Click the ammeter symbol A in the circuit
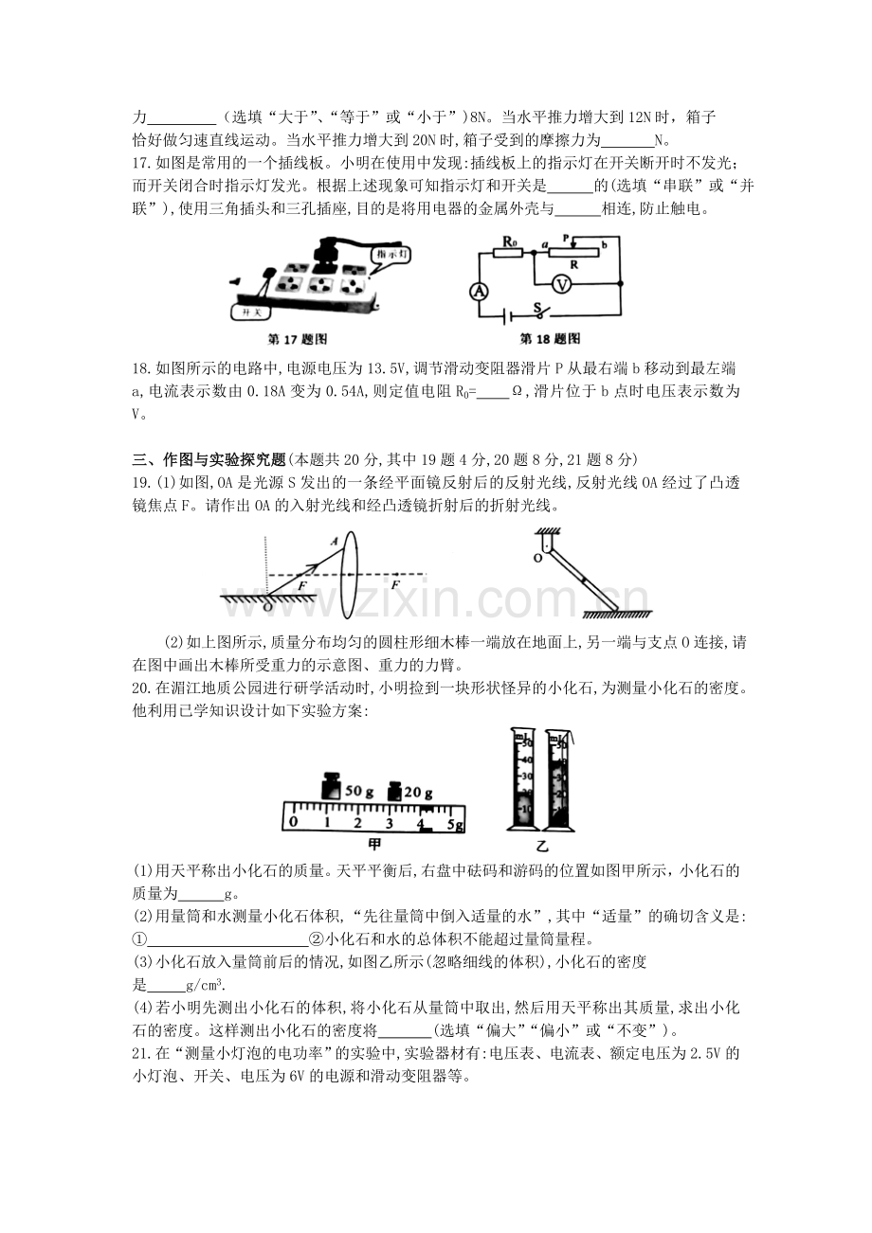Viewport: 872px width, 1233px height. [x=479, y=293]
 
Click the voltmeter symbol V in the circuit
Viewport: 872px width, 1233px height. [x=562, y=284]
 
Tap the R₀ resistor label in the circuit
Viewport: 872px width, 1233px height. [x=509, y=241]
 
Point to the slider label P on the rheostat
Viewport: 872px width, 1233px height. [x=566, y=238]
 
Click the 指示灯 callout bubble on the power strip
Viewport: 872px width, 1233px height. [x=391, y=255]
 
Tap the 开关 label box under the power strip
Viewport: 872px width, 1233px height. [x=251, y=313]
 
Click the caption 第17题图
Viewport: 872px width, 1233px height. [x=297, y=339]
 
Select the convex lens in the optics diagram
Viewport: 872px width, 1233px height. [x=348, y=575]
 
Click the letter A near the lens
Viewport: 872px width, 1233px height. [x=335, y=541]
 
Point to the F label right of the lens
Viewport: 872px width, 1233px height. [x=395, y=584]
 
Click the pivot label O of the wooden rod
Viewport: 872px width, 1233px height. [x=537, y=558]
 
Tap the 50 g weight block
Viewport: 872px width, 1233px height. [x=332, y=787]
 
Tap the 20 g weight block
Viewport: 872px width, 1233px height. [x=394, y=791]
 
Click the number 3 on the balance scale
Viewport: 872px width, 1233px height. [x=389, y=824]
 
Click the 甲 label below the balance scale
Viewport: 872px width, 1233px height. [x=374, y=844]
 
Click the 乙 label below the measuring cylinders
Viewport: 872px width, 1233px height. [x=542, y=846]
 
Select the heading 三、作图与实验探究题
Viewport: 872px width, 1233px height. [x=209, y=459]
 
